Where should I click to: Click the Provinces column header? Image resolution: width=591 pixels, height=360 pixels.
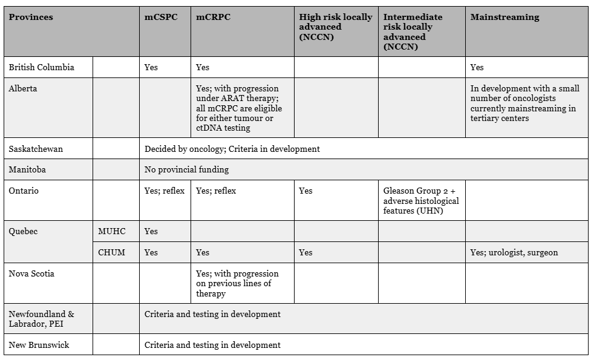coord(31,17)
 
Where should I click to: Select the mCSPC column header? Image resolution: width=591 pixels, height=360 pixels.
coord(160,17)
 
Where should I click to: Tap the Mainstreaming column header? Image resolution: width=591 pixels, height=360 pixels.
coord(504,17)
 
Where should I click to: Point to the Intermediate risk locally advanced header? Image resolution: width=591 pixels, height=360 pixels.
coord(413,31)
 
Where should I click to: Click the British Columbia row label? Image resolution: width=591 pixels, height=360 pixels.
coord(41,67)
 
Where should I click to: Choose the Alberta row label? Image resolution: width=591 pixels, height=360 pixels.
coord(23,88)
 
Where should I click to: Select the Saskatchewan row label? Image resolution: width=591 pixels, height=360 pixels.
coord(36,149)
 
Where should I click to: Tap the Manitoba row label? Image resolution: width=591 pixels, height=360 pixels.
coord(27,169)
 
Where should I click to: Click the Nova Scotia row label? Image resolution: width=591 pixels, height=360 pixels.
coord(31,273)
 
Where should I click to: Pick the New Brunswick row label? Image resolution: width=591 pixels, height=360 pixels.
coord(39,345)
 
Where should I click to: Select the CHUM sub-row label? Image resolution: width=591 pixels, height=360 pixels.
coord(111,252)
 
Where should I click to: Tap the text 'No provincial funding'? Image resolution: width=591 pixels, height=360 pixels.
coord(187,169)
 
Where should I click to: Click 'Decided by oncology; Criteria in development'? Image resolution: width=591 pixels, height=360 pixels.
coord(232,149)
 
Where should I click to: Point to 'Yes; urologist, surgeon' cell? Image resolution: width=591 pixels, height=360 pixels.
coord(514,252)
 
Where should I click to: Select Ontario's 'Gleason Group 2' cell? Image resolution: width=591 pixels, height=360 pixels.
coord(421,200)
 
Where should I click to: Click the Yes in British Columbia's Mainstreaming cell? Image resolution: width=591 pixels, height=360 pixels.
coord(477,67)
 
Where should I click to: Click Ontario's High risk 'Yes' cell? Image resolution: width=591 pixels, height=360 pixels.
coord(306,191)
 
